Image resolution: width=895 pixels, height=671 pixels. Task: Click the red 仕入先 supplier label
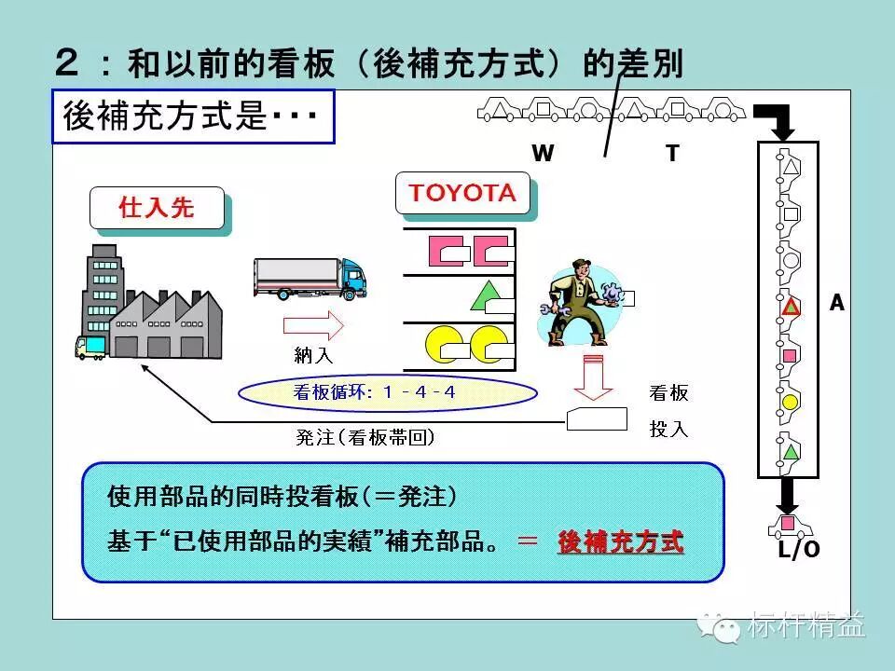coord(157,208)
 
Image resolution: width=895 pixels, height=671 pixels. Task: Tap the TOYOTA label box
coord(462,194)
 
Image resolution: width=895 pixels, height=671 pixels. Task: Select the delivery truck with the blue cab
coord(310,279)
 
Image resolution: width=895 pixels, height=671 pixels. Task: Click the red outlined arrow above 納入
coord(313,326)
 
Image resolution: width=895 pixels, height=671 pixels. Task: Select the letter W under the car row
coord(543,154)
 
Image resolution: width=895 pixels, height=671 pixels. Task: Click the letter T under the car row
coord(672,154)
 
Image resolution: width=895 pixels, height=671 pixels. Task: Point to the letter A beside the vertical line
coord(836,303)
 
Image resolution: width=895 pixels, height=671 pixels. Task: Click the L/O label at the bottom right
coord(799,550)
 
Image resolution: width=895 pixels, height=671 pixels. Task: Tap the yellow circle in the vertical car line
coord(790,403)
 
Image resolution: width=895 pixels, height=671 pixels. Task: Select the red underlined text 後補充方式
coord(620,541)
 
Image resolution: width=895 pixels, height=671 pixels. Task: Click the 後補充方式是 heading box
coord(193,116)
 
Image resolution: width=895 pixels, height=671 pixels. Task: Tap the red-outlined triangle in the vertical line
coord(790,306)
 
